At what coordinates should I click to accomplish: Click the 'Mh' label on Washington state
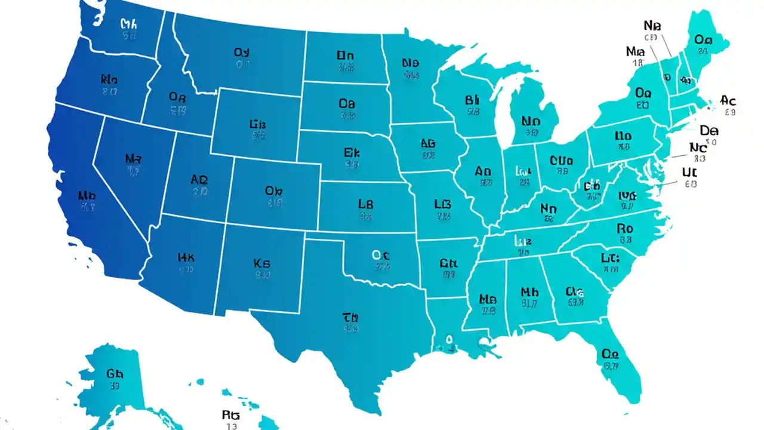(x=129, y=24)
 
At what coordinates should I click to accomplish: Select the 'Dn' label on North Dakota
(x=346, y=56)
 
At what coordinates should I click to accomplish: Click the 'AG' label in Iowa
(x=428, y=144)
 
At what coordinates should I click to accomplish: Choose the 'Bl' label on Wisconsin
(x=472, y=99)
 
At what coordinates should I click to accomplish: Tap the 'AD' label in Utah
(x=199, y=180)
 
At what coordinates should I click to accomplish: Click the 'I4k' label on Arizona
(x=186, y=258)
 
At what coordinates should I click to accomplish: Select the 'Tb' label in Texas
(x=350, y=317)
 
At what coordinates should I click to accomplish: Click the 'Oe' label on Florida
(x=610, y=354)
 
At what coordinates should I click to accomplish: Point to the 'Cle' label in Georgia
(x=574, y=291)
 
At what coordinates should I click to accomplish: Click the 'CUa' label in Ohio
(x=561, y=160)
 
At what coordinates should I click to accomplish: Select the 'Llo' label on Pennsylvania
(x=623, y=136)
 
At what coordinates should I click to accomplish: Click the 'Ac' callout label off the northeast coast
(x=728, y=100)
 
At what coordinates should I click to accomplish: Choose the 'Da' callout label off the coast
(x=709, y=130)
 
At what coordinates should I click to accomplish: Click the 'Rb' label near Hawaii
(x=230, y=414)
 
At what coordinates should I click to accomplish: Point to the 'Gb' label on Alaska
(x=115, y=374)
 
